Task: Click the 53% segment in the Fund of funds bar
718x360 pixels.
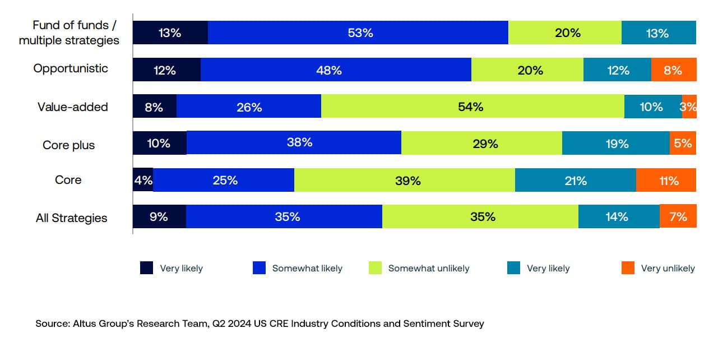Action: pyautogui.click(x=359, y=33)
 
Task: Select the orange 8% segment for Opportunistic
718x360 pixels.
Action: pyautogui.click(x=673, y=70)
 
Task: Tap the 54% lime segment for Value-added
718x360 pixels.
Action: pyautogui.click(x=472, y=107)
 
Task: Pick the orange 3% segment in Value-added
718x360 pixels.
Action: pyautogui.click(x=689, y=107)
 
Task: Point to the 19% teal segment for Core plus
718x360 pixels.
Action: pyautogui.click(x=615, y=143)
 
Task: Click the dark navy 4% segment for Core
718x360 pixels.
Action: pyautogui.click(x=143, y=180)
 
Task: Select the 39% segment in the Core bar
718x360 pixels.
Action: pyautogui.click(x=404, y=180)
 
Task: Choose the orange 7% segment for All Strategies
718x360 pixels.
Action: pyautogui.click(x=678, y=216)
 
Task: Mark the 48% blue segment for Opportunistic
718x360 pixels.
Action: pyautogui.click(x=335, y=70)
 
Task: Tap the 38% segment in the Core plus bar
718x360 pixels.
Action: pyautogui.click(x=294, y=143)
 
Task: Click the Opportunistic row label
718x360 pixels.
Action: pyautogui.click(x=71, y=68)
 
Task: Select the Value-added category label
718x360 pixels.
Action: pyautogui.click(x=73, y=107)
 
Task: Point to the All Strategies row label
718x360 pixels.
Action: pyautogui.click(x=71, y=218)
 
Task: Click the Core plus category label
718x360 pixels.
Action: pyautogui.click(x=69, y=145)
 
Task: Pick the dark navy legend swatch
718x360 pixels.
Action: pyautogui.click(x=146, y=268)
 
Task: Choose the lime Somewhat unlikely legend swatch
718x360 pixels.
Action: pyautogui.click(x=375, y=268)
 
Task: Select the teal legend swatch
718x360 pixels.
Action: pyautogui.click(x=513, y=268)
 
